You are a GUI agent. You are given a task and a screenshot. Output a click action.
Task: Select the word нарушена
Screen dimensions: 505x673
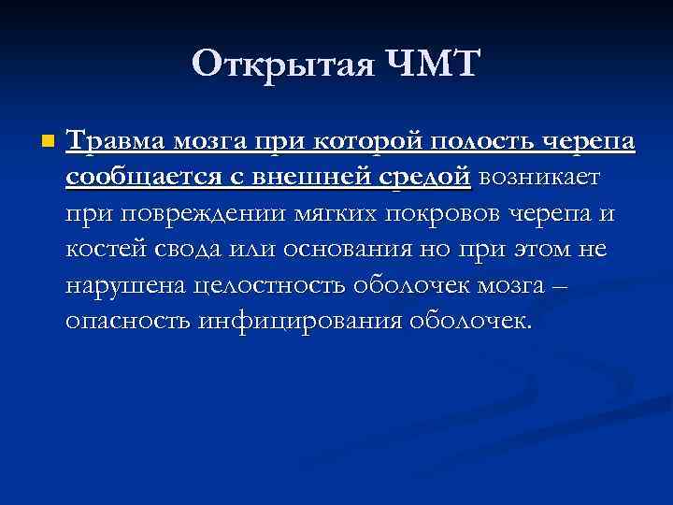pos(125,285)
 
